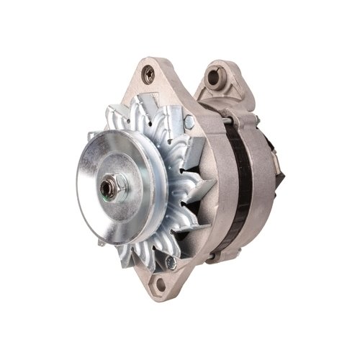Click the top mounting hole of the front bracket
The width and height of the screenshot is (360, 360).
point(149,73)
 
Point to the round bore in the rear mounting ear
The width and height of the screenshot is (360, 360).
point(219,74)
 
